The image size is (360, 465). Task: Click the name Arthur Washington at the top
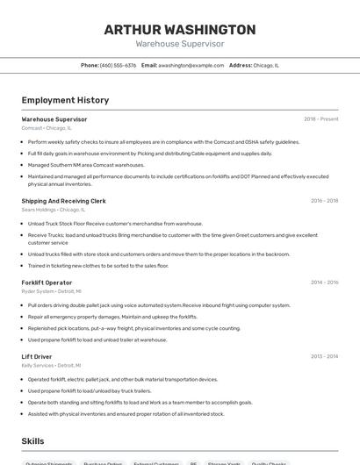(180, 29)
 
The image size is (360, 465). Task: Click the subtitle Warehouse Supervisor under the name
(180, 44)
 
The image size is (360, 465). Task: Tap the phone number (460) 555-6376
(118, 65)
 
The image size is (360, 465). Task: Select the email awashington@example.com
(191, 65)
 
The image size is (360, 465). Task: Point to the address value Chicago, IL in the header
(266, 65)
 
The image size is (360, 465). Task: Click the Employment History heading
(65, 101)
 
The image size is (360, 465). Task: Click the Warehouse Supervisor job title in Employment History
(54, 119)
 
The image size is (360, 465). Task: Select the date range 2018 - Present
(321, 119)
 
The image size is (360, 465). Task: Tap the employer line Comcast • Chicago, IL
(47, 128)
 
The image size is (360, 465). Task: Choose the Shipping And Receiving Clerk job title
(63, 201)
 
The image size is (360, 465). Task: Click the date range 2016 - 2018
(324, 201)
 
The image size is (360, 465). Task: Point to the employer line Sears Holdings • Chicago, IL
(53, 210)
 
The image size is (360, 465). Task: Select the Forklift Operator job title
(47, 283)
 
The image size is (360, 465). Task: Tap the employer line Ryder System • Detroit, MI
(51, 291)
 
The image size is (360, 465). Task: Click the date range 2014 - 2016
(324, 283)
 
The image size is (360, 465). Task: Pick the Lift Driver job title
(37, 357)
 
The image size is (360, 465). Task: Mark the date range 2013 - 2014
(324, 357)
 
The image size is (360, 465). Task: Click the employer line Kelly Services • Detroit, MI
(51, 366)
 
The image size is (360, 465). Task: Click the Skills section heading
(33, 441)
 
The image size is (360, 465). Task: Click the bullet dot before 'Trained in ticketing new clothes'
(23, 265)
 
